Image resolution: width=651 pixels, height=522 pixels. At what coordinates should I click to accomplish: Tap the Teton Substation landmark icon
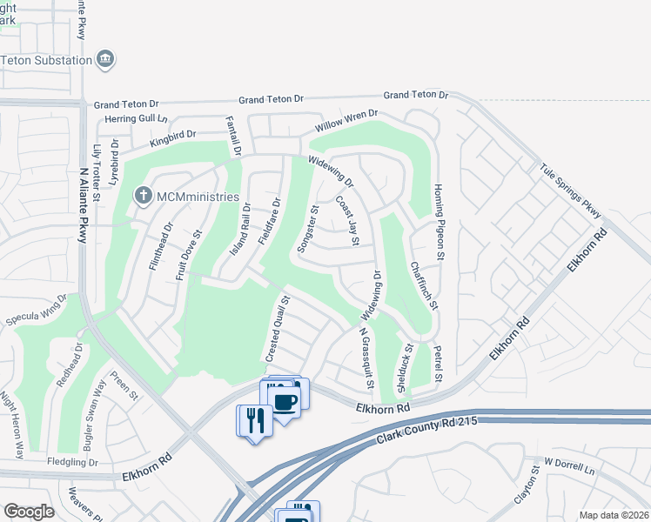106,60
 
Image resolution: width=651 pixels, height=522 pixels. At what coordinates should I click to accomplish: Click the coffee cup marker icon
285,400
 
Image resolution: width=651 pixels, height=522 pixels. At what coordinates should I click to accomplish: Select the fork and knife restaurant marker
254,421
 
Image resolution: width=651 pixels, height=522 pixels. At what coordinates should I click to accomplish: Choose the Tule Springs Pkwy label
570,187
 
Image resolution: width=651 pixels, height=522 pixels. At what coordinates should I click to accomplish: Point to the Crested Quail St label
277,329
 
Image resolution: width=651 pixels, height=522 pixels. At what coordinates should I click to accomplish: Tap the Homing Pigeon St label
440,233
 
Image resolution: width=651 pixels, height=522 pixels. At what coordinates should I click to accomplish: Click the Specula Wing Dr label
37,311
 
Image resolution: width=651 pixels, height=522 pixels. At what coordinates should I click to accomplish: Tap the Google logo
29,512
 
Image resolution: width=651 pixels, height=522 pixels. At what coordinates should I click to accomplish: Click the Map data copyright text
614,515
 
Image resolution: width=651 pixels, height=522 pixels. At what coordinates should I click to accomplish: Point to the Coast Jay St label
347,219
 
